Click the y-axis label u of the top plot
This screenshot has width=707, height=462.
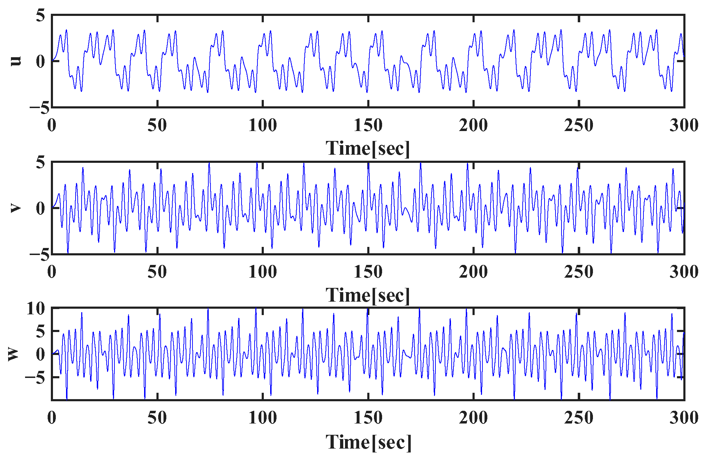point(16,61)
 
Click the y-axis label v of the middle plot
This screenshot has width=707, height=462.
point(16,208)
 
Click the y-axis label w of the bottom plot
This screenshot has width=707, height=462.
point(13,354)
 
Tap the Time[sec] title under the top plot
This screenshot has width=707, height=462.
point(368,148)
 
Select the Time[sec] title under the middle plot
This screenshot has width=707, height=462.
point(368,295)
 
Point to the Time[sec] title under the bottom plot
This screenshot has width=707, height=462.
point(368,442)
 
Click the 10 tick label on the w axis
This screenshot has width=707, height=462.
point(36,309)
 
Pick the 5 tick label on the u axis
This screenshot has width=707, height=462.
point(41,16)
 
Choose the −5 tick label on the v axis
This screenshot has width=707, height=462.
point(39,255)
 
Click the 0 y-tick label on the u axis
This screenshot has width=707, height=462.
point(41,61)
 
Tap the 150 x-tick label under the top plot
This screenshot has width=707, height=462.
point(368,125)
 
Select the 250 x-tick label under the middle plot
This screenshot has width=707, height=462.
point(578,272)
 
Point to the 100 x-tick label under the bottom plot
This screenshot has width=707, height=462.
point(262,418)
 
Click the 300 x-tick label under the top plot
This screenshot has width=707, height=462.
point(684,125)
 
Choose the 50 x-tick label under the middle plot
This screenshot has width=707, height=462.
point(157,272)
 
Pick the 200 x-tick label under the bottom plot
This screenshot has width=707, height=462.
point(473,418)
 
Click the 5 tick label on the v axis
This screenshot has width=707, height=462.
point(41,163)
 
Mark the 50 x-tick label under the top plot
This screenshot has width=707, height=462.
point(157,125)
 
